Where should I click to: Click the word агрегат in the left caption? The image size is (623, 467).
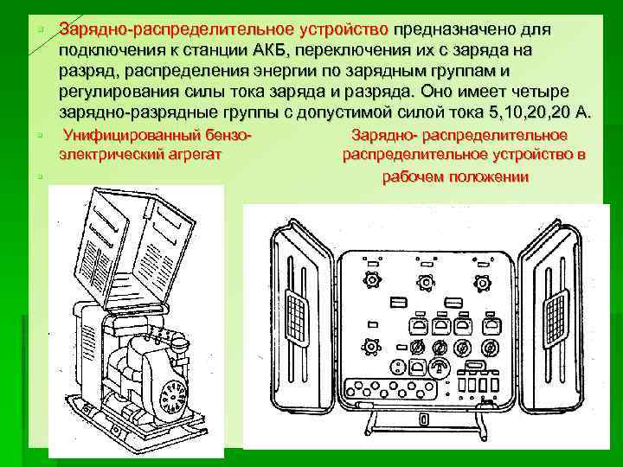point(195,155)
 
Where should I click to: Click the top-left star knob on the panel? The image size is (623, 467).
point(372,281)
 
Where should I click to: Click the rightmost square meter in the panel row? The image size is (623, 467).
point(494,326)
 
